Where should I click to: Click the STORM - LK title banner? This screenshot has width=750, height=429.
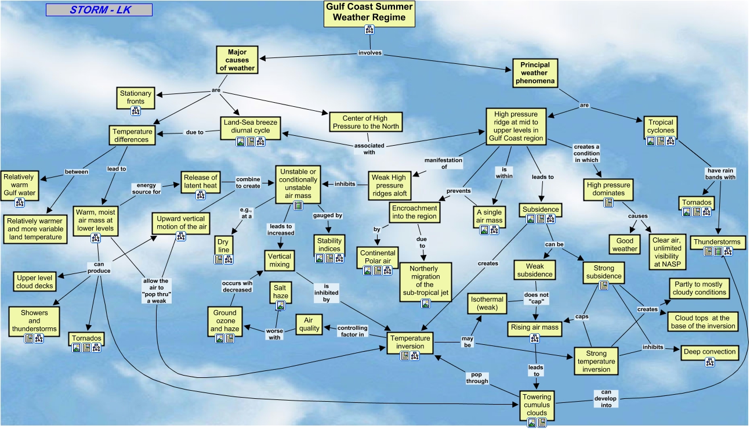click(99, 10)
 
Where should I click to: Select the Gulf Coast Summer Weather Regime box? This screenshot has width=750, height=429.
click(369, 14)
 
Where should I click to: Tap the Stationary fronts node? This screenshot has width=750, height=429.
click(136, 98)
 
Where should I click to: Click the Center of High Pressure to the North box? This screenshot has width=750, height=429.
click(365, 122)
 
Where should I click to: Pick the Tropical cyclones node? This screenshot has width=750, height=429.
click(661, 127)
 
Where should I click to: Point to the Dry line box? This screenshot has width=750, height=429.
click(224, 246)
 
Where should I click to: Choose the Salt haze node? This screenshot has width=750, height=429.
click(280, 292)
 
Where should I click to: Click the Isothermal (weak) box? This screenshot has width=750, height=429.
click(487, 303)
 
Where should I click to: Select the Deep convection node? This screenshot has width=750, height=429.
click(709, 352)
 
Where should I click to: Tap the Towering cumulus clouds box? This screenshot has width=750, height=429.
click(537, 405)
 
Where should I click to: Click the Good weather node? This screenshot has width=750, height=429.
click(625, 244)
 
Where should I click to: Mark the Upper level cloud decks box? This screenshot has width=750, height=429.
click(34, 282)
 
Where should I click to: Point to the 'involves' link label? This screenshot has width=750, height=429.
click(369, 53)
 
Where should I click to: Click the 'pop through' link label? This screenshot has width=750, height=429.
click(477, 378)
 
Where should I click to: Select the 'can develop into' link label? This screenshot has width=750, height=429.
click(606, 398)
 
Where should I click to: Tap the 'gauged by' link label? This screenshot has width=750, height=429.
click(328, 215)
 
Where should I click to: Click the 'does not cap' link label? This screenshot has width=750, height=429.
click(536, 298)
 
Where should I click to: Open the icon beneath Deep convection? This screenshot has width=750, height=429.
click(709, 362)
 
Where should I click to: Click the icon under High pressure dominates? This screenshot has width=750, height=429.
click(608, 203)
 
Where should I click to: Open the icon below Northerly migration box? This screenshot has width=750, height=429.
click(426, 304)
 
